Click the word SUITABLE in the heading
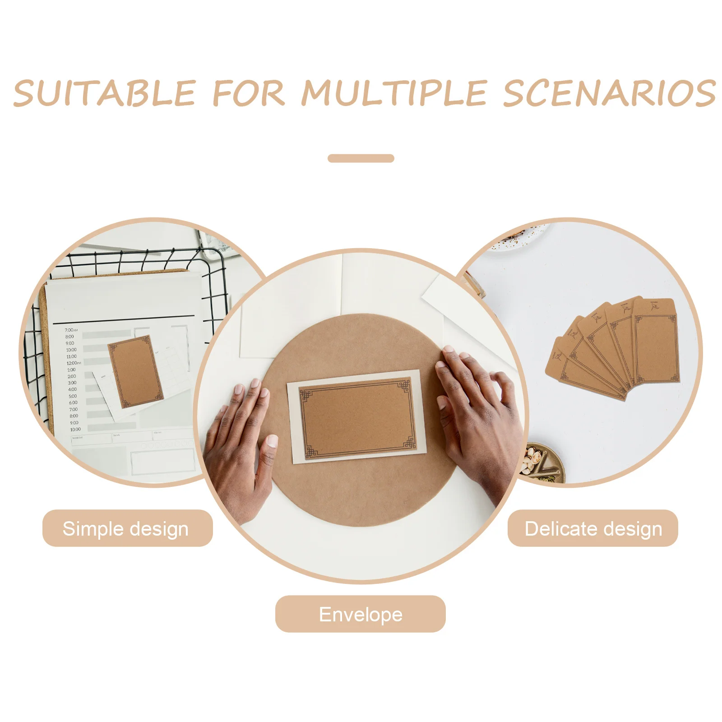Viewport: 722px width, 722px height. [x=105, y=93]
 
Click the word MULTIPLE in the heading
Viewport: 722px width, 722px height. [x=394, y=93]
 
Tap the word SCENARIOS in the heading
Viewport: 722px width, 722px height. [x=609, y=93]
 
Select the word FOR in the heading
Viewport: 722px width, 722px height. [x=249, y=93]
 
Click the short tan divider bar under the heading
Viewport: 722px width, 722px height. [x=361, y=158]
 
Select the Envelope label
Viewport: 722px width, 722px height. [x=360, y=614]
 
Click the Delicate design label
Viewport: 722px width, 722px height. [x=592, y=528]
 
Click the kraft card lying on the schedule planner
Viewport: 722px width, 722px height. [x=135, y=371]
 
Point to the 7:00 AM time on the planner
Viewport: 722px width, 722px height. [x=71, y=330]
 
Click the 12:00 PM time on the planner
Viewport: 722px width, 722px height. [x=74, y=363]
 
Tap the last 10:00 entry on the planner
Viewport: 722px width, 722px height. [x=75, y=429]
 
